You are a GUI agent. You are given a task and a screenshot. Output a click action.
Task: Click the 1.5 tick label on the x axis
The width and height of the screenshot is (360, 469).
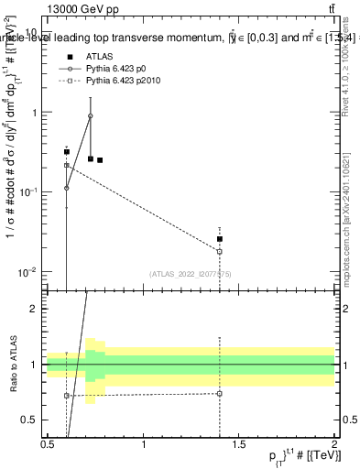coord(239,443)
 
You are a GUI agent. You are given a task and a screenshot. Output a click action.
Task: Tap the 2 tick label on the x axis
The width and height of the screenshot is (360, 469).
coord(334,443)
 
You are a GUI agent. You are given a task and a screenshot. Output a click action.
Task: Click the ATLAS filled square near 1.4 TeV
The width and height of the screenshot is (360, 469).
coord(220,239)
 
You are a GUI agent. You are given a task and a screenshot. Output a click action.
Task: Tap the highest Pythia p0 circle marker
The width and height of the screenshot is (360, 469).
coord(90,116)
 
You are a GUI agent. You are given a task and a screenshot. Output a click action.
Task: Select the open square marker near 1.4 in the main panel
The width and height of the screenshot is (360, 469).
coord(220,251)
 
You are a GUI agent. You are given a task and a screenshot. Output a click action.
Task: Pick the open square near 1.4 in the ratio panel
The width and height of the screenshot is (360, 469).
coord(220,394)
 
